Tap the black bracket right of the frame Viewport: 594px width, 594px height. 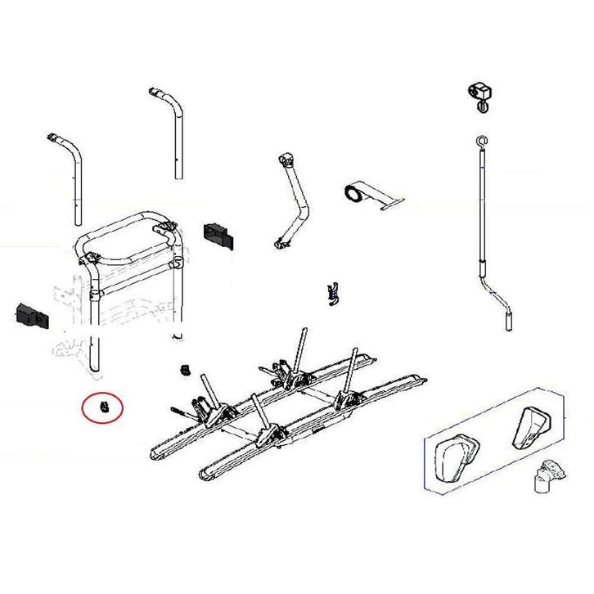pos(218,234)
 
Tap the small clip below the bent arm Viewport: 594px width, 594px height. pos(332,291)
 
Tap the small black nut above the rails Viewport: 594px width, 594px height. pos(185,371)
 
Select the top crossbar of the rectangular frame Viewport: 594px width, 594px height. pos(131,223)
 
